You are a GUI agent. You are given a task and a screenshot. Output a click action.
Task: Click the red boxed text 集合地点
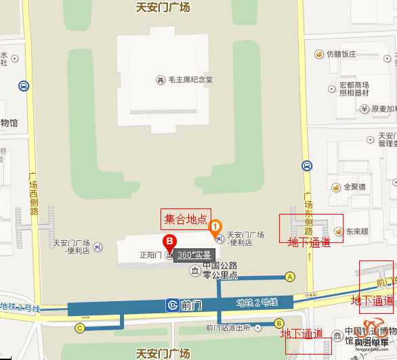click(x=186, y=219)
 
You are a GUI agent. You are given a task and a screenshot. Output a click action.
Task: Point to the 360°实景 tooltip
click(x=195, y=255)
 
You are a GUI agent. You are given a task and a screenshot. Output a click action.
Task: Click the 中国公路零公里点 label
click(x=224, y=270)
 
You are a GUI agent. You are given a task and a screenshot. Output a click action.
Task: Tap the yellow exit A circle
click(x=291, y=276)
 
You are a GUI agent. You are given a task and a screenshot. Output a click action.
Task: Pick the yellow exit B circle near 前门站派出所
click(x=278, y=323)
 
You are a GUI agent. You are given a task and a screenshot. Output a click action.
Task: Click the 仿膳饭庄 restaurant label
click(x=341, y=53)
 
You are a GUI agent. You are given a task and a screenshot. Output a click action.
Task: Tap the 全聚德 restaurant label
click(x=355, y=187)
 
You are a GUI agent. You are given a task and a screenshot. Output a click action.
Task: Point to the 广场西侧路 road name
click(x=33, y=193)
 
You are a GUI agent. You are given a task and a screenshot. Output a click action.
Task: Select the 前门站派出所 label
click(x=228, y=328)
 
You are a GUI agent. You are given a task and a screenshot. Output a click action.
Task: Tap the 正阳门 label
click(x=149, y=255)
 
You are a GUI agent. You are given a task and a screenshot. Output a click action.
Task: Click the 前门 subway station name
click(x=192, y=305)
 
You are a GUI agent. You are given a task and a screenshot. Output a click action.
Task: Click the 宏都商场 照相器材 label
click(x=354, y=89)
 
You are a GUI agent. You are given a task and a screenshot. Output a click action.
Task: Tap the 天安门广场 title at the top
click(x=163, y=7)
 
